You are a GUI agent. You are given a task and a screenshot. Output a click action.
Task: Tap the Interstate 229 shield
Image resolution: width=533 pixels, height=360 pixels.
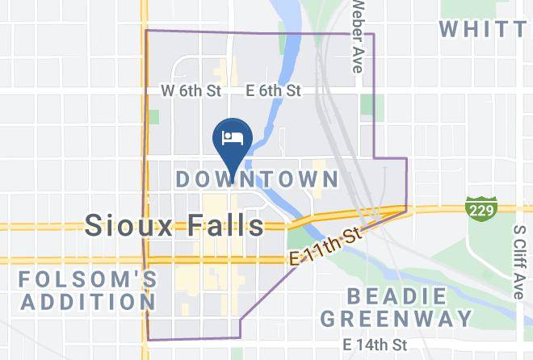pos(479,207)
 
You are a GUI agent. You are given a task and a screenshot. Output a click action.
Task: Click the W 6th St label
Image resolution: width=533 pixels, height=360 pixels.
pos(191,92)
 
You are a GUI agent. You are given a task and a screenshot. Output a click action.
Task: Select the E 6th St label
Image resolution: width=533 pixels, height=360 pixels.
pos(274,91)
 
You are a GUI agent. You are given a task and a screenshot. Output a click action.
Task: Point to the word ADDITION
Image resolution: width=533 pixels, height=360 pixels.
pos(87,302)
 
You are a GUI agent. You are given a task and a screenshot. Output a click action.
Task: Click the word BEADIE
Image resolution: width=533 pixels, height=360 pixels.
pos(397,295)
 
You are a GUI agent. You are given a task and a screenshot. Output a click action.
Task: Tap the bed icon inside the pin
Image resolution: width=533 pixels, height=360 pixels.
pos(233,136)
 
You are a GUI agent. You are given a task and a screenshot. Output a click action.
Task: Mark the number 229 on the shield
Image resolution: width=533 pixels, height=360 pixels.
pos(479,209)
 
